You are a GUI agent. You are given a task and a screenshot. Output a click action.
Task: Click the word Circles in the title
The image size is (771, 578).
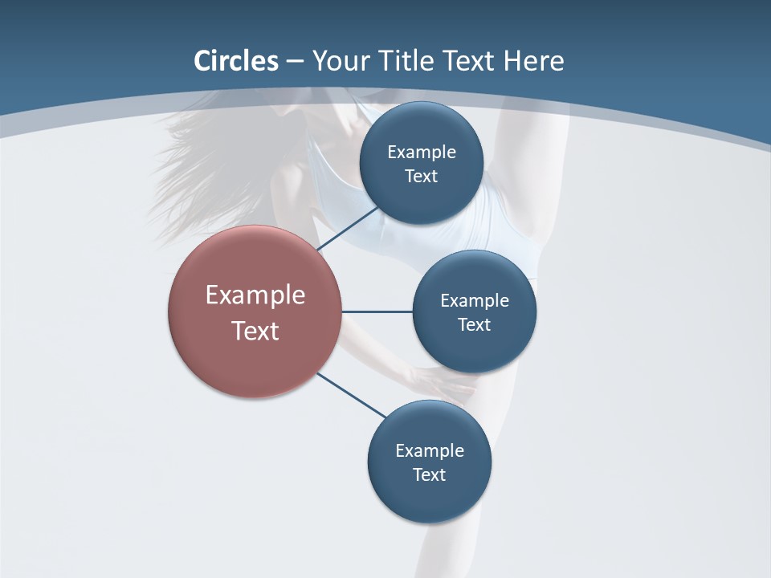pyautogui.click(x=235, y=61)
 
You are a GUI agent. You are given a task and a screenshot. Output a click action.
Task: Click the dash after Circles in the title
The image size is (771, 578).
pyautogui.click(x=295, y=62)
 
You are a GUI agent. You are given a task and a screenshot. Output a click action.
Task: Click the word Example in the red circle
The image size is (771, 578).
pyautogui.click(x=255, y=295)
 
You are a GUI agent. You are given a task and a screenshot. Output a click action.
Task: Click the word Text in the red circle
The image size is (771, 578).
pyautogui.click(x=255, y=331)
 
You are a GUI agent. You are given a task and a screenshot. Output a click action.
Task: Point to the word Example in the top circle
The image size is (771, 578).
pyautogui.click(x=422, y=153)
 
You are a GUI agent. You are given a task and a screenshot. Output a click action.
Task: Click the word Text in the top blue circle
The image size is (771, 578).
pyautogui.click(x=422, y=177)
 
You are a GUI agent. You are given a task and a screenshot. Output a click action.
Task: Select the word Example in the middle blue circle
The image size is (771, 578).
pyautogui.click(x=475, y=301)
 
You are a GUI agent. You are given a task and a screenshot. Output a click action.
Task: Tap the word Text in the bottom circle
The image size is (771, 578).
pyautogui.click(x=430, y=474)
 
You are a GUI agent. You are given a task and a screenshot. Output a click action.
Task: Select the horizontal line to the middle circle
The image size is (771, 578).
pyautogui.click(x=377, y=311)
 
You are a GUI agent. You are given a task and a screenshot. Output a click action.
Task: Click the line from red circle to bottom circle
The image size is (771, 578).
pyautogui.click(x=351, y=395)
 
